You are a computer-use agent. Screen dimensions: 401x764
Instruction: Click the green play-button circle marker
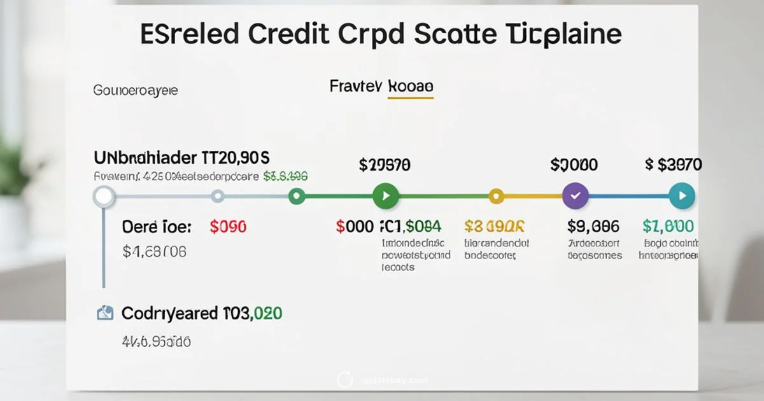pyautogui.click(x=385, y=196)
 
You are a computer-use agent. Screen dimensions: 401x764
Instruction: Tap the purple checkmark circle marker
pyautogui.click(x=576, y=196)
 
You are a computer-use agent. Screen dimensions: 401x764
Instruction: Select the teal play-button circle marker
pyautogui.click(x=682, y=196)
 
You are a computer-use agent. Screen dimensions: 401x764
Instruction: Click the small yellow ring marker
pyautogui.click(x=496, y=196)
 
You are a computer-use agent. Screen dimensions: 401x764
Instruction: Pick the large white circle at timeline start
pyautogui.click(x=103, y=196)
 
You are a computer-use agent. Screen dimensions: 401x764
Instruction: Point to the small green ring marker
pyautogui.click(x=296, y=196)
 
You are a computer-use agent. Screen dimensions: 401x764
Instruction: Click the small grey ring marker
pyautogui.click(x=218, y=196)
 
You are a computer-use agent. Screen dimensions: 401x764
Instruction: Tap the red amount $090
pyautogui.click(x=227, y=226)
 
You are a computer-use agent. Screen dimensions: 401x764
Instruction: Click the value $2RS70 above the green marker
pyautogui.click(x=385, y=165)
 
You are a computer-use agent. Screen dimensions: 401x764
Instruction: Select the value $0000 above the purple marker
pyautogui.click(x=574, y=165)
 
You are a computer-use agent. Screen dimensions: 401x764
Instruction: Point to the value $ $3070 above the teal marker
pyautogui.click(x=673, y=165)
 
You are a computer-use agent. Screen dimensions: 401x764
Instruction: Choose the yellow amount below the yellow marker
pyautogui.click(x=494, y=226)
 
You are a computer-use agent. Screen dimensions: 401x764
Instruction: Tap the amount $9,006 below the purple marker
pyautogui.click(x=593, y=226)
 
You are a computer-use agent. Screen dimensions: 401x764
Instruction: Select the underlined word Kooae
pyautogui.click(x=410, y=87)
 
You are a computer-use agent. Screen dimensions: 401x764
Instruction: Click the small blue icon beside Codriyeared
pyautogui.click(x=104, y=313)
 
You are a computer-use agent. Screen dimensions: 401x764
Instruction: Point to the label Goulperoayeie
pyautogui.click(x=136, y=90)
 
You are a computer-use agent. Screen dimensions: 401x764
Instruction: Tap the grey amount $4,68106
pyautogui.click(x=154, y=252)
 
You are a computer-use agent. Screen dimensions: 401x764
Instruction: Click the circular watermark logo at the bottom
pyautogui.click(x=344, y=380)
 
